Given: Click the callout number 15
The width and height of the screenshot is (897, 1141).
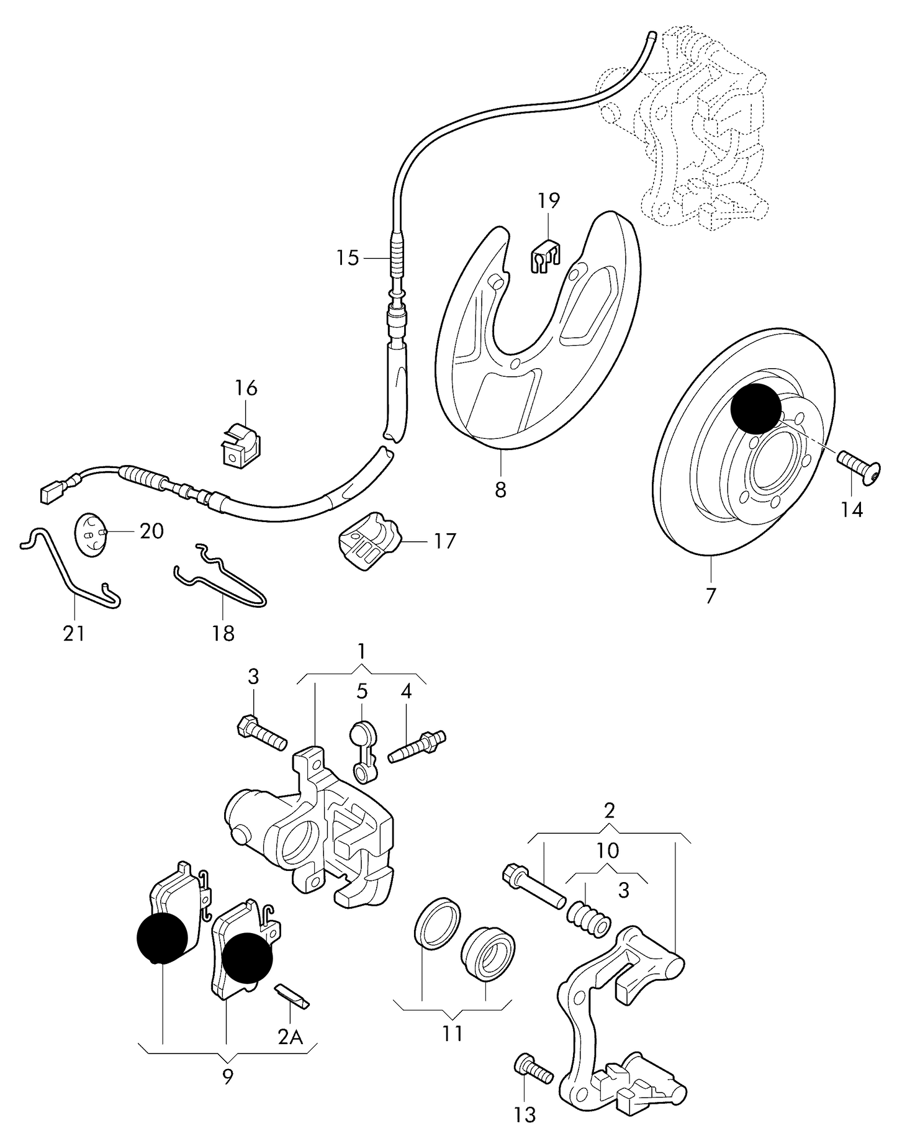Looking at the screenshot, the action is click(348, 257).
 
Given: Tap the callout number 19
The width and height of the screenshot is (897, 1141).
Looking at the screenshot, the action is click(549, 201).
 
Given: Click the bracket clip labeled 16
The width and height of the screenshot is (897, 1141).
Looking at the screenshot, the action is click(240, 443).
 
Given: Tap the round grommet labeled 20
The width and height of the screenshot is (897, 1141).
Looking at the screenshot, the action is click(91, 534).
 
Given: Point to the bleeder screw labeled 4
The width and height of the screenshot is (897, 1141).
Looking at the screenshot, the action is click(417, 747).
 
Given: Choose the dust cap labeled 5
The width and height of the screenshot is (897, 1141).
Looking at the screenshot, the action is click(363, 751).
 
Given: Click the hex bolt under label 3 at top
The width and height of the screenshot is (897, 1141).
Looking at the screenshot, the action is click(262, 733).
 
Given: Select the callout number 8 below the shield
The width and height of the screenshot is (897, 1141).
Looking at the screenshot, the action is click(500, 489).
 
